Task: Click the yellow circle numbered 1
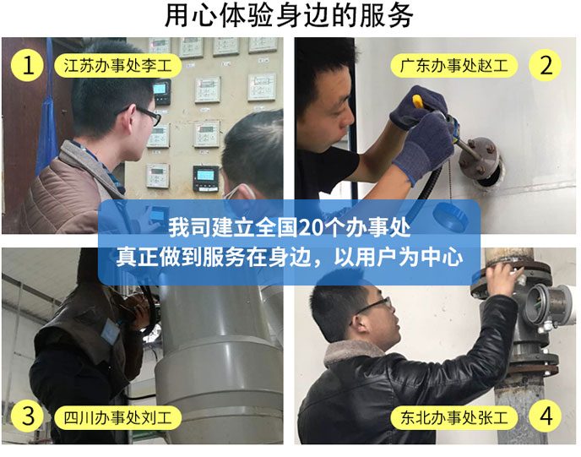pyautogui.click(x=27, y=66)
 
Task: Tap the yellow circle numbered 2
pyautogui.click(x=545, y=66)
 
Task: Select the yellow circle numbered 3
pyautogui.click(x=27, y=416)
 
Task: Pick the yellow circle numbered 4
pyautogui.click(x=545, y=416)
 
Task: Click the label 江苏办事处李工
pyautogui.click(x=118, y=66)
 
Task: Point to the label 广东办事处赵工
pyautogui.click(x=454, y=66)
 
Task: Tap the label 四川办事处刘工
pyautogui.click(x=118, y=417)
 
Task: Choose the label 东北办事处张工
pyautogui.click(x=454, y=417)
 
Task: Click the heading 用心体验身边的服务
pyautogui.click(x=289, y=15)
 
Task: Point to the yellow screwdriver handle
pyautogui.click(x=419, y=102)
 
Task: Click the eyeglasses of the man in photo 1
pyautogui.click(x=145, y=114)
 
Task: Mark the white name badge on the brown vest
pyautogui.click(x=111, y=332)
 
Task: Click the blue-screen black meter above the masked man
pyautogui.click(x=206, y=178)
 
